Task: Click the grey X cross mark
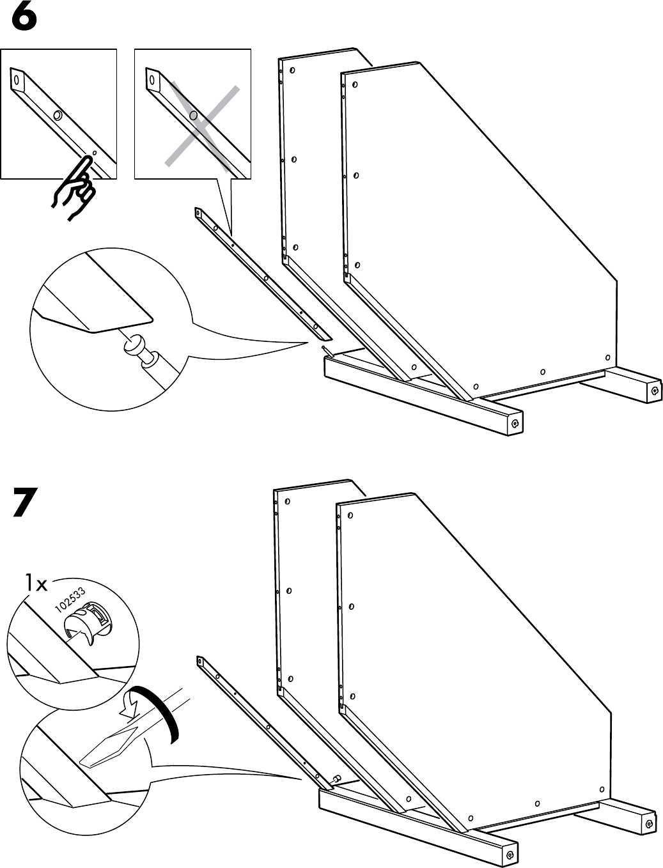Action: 201,125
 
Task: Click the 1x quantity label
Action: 36,583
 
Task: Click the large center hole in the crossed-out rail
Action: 192,116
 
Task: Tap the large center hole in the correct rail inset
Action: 58,116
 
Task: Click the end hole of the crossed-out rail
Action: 152,81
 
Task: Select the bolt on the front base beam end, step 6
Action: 515,422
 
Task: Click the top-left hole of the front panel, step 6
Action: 355,84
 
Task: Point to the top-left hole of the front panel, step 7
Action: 350,515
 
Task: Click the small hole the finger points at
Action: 94,153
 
